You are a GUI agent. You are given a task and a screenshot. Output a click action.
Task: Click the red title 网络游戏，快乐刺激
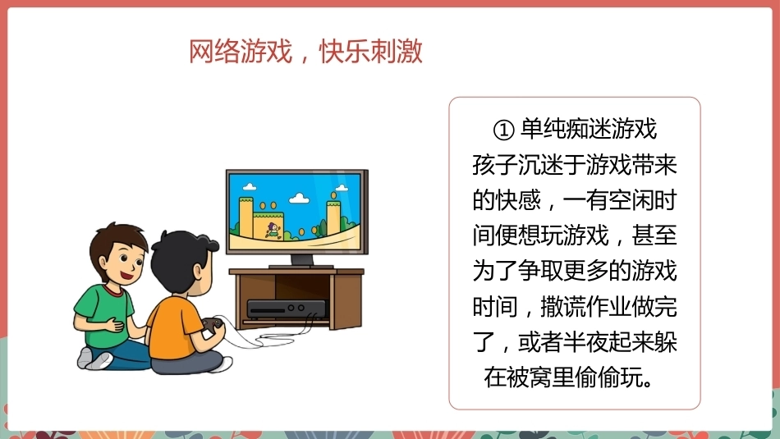coord(305,51)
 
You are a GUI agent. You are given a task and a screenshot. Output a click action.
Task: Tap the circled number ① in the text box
coord(503,130)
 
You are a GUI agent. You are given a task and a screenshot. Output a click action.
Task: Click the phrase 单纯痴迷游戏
coord(589,129)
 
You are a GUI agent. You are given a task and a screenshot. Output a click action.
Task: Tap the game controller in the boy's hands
coord(213,326)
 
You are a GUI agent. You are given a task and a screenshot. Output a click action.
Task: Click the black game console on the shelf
coord(287,309)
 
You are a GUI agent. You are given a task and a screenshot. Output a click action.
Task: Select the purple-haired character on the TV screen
coord(273,231)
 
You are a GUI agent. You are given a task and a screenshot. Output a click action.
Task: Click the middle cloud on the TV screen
coord(299,199)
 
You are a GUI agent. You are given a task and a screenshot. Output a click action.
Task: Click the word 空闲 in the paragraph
coord(631,200)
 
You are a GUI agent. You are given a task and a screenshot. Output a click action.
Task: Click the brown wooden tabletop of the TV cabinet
coord(296,272)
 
